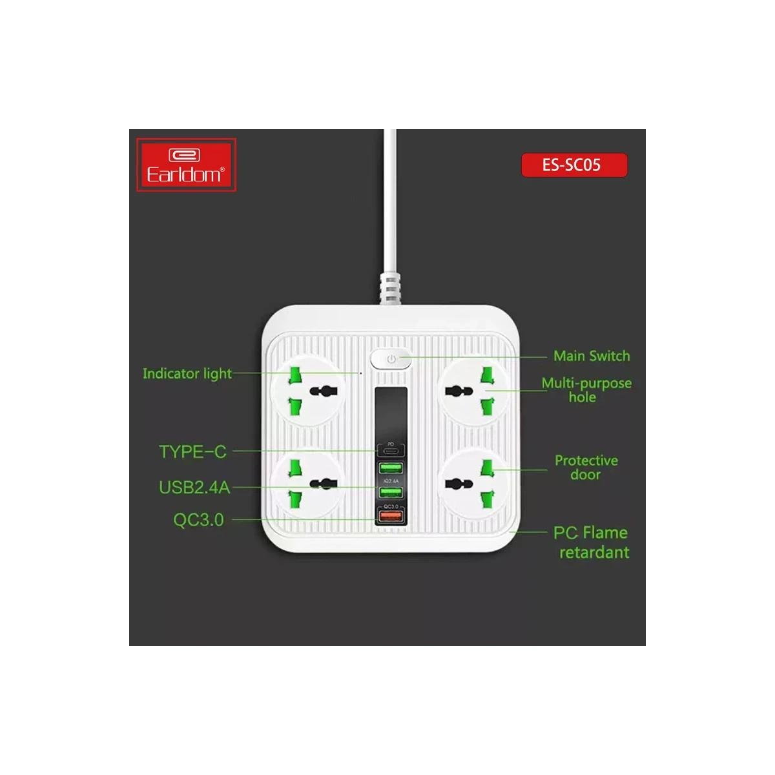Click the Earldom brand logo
pos(186,165)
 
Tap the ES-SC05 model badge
pos(573,165)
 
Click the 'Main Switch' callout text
pos(591,356)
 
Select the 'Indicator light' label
pos(187,374)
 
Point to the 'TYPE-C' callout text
pos(192,451)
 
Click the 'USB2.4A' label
pos(194,488)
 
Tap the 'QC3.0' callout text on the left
pos(198,520)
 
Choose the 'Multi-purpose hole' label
pos(586,389)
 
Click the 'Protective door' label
pos(586,468)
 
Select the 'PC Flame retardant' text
pos(591,542)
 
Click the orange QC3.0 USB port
pos(390,516)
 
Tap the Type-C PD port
pos(390,450)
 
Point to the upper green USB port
pos(390,468)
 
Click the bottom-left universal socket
pos(307,484)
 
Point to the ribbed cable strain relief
pos(389,288)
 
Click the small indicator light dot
pos(360,373)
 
